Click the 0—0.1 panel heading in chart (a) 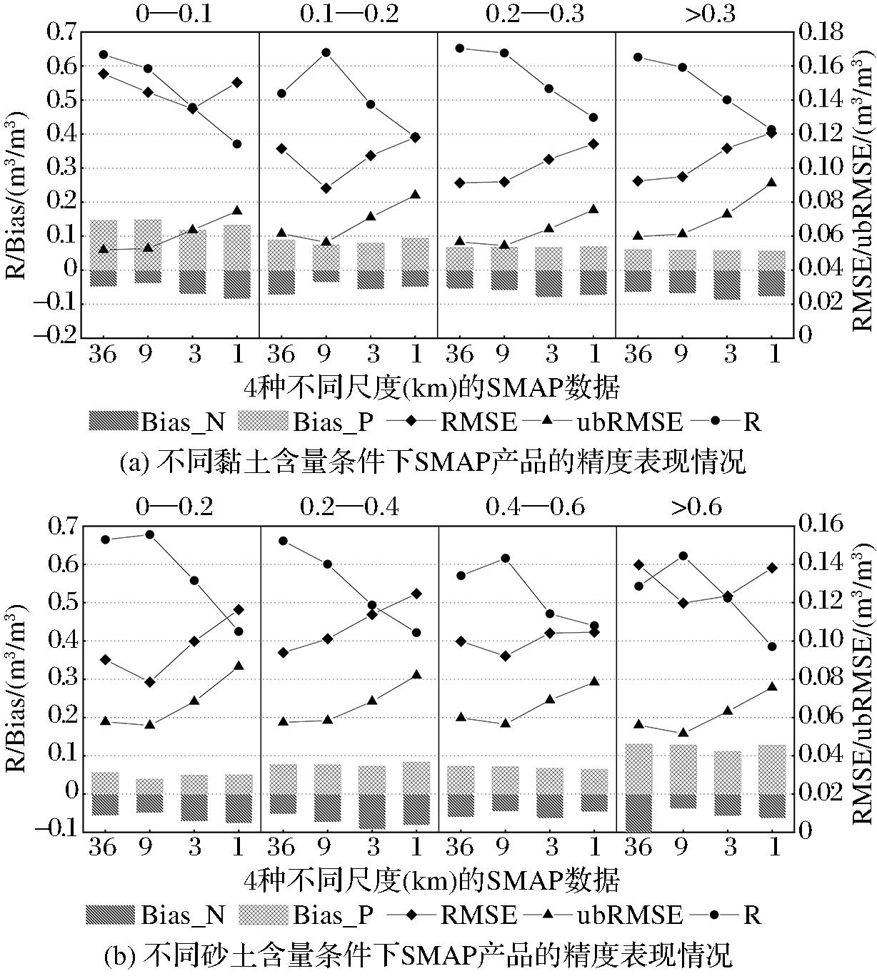click(x=174, y=14)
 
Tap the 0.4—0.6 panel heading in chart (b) click(x=535, y=507)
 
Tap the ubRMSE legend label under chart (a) click(x=629, y=422)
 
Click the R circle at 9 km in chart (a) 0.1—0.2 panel click(x=326, y=52)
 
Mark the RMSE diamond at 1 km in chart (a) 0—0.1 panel click(x=237, y=82)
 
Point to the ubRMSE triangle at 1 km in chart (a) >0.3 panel click(x=771, y=183)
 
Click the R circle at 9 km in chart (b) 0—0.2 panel click(x=149, y=534)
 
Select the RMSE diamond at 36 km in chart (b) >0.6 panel click(x=639, y=564)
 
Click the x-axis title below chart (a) click(x=431, y=387)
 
